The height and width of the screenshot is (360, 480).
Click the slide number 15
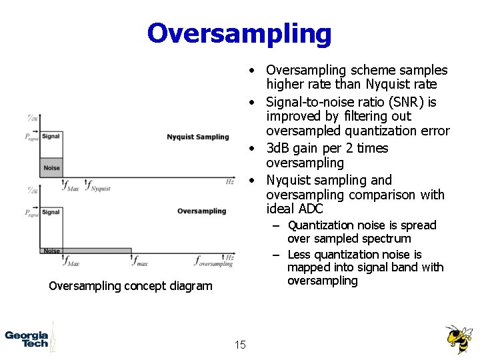tap(240, 345)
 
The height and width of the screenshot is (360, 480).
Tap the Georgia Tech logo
tap(27, 339)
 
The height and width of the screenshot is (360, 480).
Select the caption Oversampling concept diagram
tap(131, 286)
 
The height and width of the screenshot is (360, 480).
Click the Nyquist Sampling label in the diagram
tap(197, 137)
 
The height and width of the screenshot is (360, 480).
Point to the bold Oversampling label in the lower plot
tap(201, 211)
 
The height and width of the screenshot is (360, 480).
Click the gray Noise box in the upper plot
tap(51, 167)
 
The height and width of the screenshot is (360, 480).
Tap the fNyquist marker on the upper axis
tap(99, 187)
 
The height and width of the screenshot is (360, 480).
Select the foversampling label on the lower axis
tap(214, 262)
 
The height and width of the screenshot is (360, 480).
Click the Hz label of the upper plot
tap(229, 181)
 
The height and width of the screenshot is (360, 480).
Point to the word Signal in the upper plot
tap(51, 136)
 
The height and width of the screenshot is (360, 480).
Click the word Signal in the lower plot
tap(51, 212)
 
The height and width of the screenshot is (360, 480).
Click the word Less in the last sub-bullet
tap(299, 254)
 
